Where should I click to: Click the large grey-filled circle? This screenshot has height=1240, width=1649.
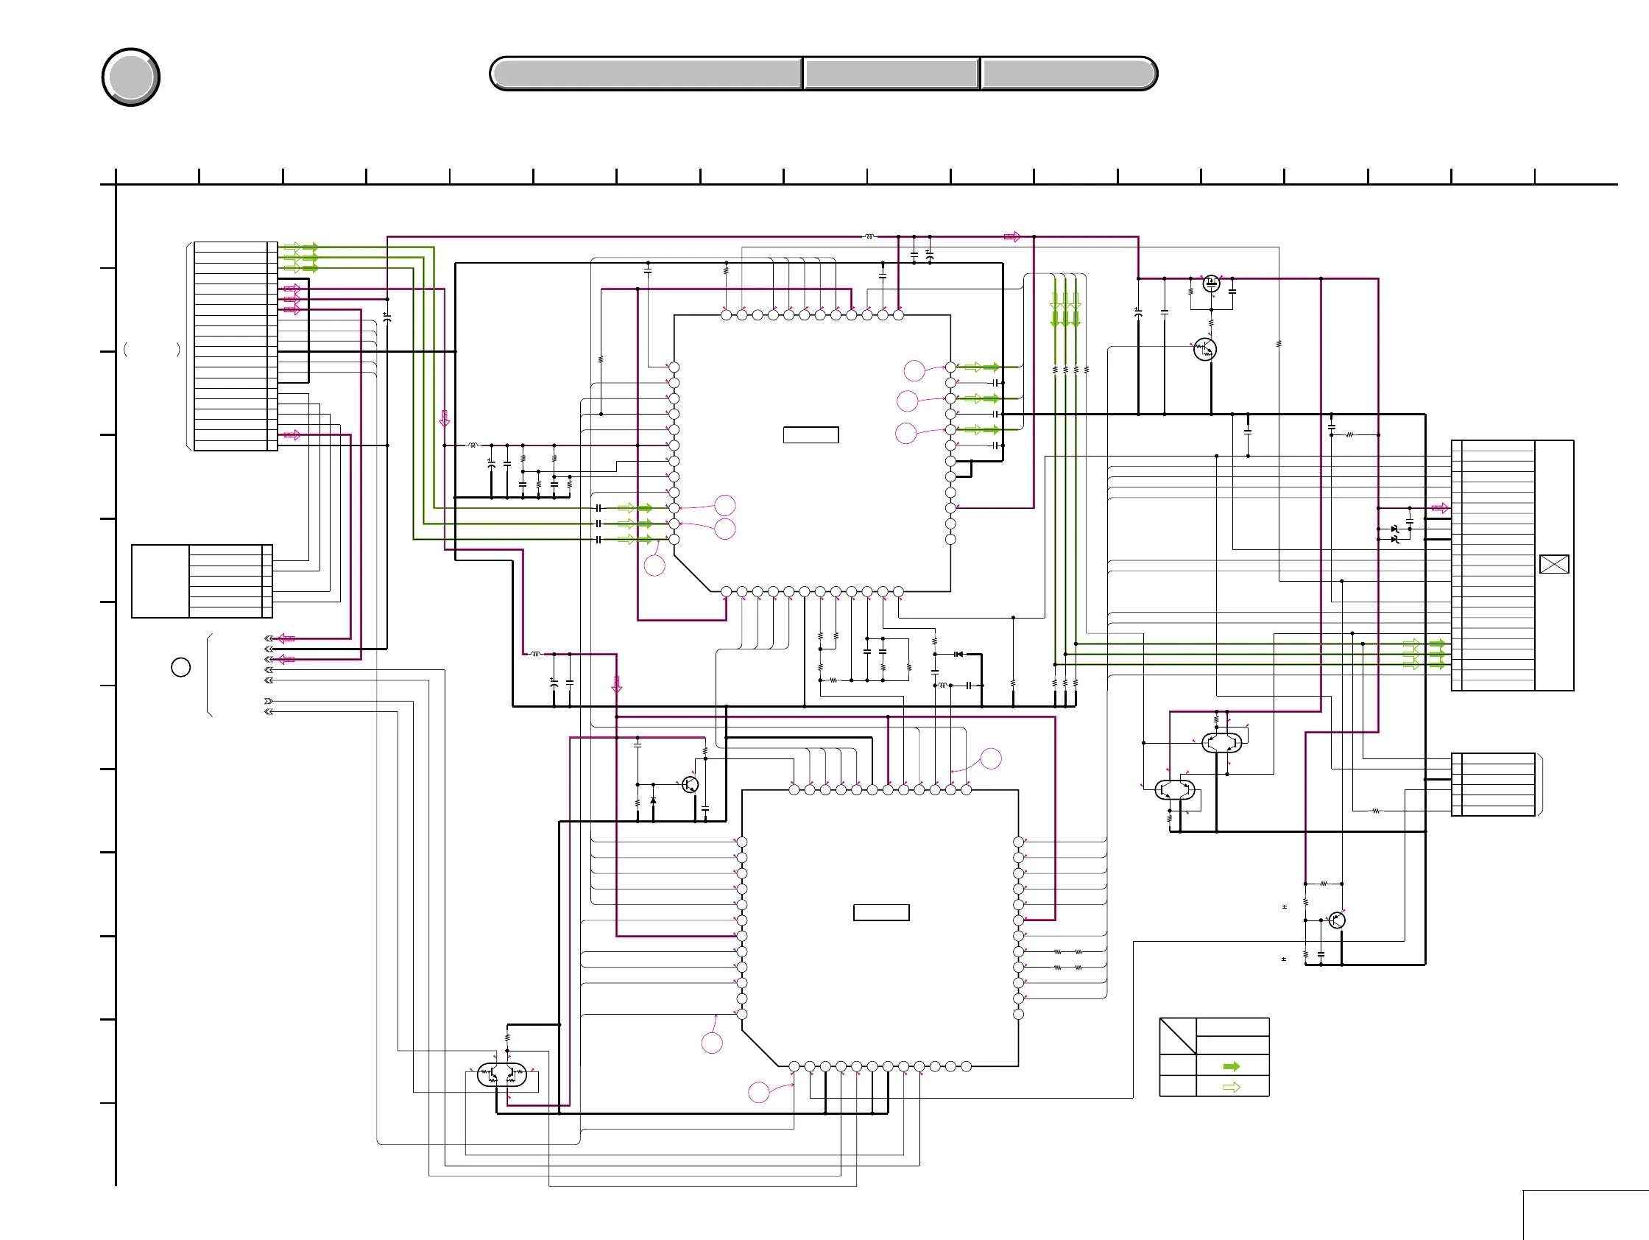click(130, 77)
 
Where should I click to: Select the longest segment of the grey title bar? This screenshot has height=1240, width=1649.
click(646, 74)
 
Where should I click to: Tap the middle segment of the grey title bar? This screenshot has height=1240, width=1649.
click(891, 74)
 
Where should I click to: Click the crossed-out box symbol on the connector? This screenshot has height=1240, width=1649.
click(1553, 565)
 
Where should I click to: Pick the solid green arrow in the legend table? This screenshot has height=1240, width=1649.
click(1231, 1066)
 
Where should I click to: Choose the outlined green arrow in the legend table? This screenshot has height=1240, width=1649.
click(1231, 1087)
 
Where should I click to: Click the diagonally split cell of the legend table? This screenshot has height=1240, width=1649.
click(1177, 1036)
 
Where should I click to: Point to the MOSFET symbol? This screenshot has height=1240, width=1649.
click(1211, 283)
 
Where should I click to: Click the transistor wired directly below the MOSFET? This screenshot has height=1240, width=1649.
click(1204, 349)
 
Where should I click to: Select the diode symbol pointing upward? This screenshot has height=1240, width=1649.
click(653, 800)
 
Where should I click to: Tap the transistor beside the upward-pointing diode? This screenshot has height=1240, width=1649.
click(691, 784)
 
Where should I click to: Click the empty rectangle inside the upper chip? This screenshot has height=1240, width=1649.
click(811, 434)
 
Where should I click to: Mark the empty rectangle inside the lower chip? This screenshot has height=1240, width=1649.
click(881, 912)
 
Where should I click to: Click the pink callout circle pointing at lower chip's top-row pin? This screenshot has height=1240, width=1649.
click(991, 758)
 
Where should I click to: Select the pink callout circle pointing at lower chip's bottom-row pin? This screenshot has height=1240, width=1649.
click(758, 1092)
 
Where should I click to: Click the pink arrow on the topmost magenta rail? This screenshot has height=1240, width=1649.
click(1011, 236)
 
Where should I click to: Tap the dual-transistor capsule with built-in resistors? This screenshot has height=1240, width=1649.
click(502, 1074)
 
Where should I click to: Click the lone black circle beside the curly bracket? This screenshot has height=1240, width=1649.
click(180, 667)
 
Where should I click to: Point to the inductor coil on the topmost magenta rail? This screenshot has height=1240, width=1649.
click(869, 236)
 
